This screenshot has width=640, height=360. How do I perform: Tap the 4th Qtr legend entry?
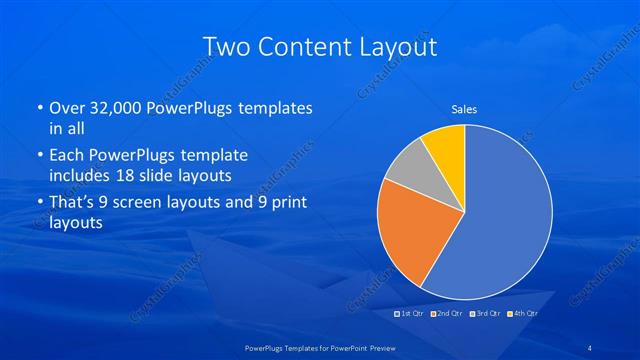pyautogui.click(x=523, y=314)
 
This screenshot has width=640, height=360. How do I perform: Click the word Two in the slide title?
pyautogui.click(x=226, y=46)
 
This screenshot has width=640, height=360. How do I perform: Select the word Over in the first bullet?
pyautogui.click(x=66, y=107)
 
